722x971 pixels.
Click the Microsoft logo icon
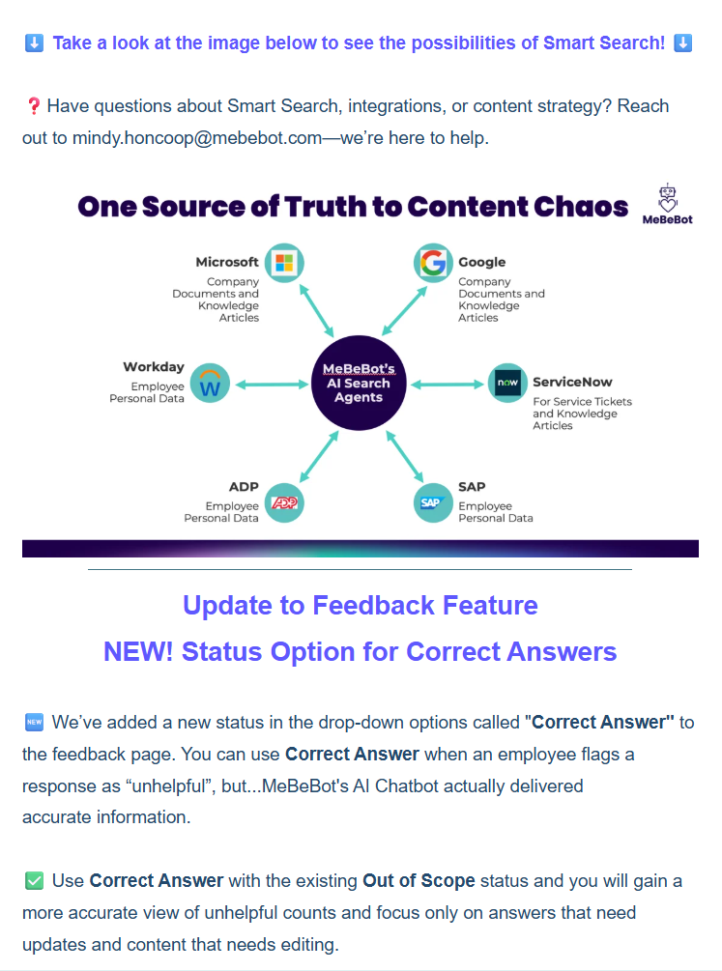[x=283, y=262]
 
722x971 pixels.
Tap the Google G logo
[x=434, y=262]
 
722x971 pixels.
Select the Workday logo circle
[x=210, y=384]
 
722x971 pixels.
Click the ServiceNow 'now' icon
[x=507, y=384]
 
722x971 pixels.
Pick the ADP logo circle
[x=284, y=502]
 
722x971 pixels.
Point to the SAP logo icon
[x=433, y=502]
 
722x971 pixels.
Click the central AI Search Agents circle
[x=359, y=384]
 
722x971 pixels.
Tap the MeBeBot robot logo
[x=667, y=203]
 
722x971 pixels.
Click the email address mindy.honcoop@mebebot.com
[x=196, y=137]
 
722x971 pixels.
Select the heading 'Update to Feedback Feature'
[x=360, y=606]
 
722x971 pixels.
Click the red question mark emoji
[x=33, y=106]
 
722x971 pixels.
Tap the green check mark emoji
[x=34, y=880]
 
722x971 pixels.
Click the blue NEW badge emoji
[x=34, y=723]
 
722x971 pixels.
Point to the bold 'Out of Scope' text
[x=419, y=880]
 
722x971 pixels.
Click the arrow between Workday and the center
[x=273, y=384]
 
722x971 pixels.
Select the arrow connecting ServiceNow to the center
[x=446, y=384]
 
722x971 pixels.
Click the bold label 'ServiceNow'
[x=572, y=382]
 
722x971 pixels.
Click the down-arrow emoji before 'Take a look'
[x=34, y=43]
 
